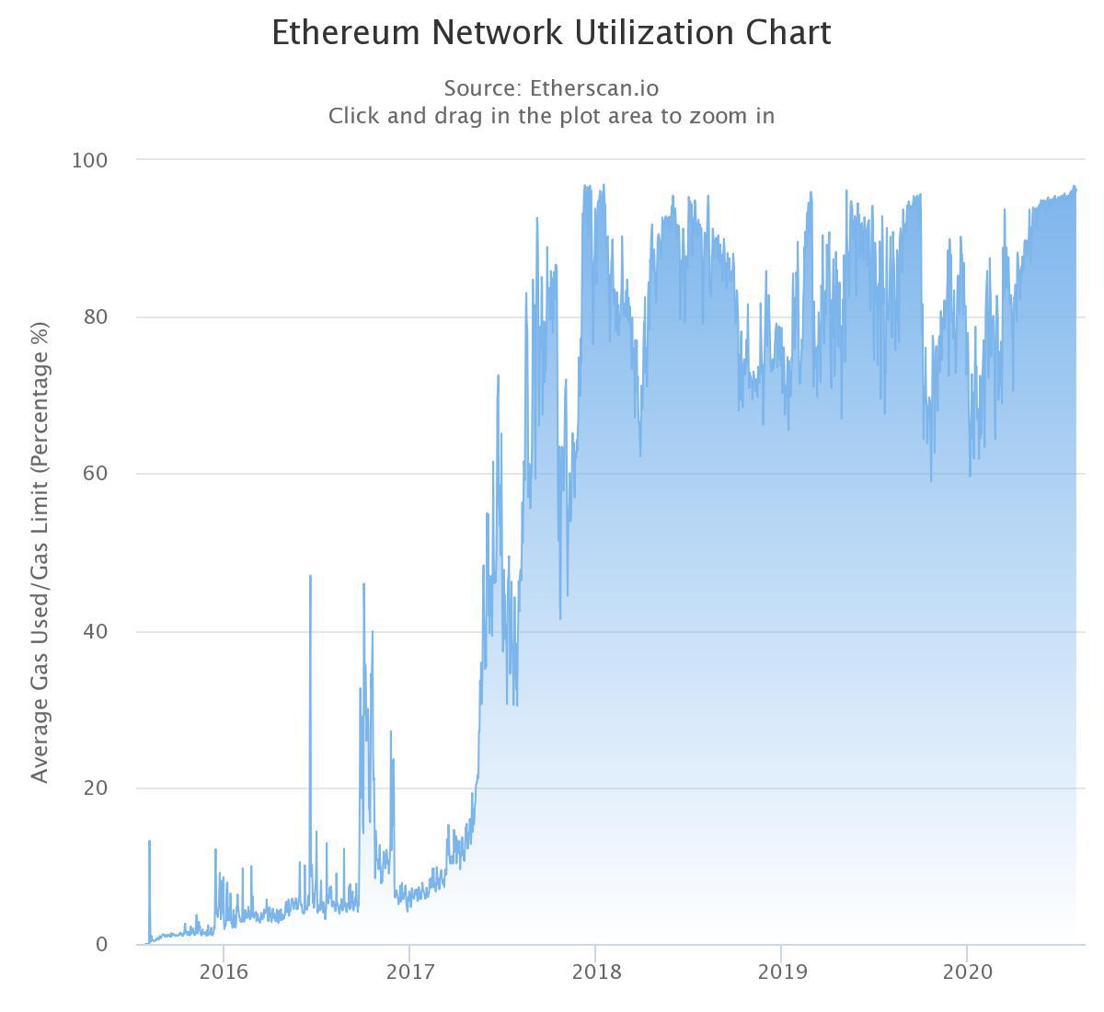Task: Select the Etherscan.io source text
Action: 594,88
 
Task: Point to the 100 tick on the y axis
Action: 89,160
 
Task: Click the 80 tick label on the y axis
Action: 95,317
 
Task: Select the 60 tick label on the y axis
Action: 95,474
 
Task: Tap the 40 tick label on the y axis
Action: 95,631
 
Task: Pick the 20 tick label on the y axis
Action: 95,788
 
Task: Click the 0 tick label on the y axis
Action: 101,945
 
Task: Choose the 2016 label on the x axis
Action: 224,972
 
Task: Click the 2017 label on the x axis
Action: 409,972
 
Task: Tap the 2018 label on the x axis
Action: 595,972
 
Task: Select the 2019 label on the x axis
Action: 781,972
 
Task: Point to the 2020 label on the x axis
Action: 967,972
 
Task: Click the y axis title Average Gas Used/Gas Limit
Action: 40,552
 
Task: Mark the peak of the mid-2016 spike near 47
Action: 310,576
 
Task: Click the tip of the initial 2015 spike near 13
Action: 149,841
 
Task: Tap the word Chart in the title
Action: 788,33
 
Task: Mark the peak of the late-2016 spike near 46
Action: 363,584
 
